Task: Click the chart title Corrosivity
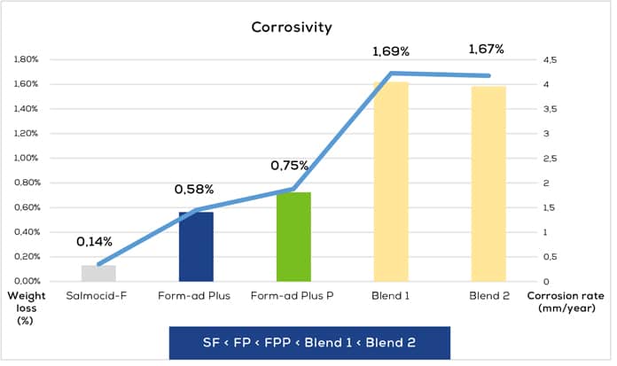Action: tap(291, 27)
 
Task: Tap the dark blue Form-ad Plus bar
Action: tap(196, 246)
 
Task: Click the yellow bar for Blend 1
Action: tap(391, 181)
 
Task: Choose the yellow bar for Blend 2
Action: tap(488, 183)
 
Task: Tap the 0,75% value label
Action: tap(290, 166)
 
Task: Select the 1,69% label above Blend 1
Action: tap(390, 52)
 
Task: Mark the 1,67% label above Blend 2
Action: tap(487, 50)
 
